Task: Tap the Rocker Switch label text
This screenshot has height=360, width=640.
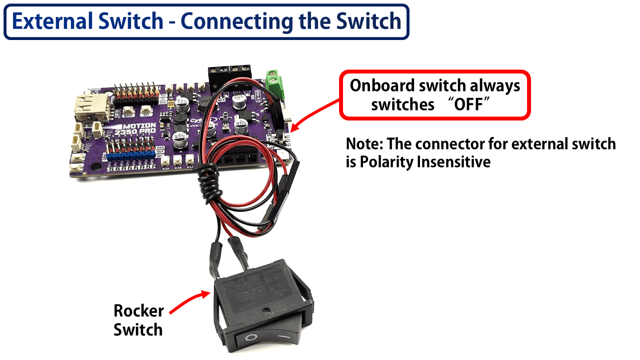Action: (x=138, y=320)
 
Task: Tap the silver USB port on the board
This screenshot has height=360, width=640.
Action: (x=88, y=107)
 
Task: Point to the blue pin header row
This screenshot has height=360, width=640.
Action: (x=127, y=154)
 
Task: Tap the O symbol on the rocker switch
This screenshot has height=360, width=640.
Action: (x=250, y=338)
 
